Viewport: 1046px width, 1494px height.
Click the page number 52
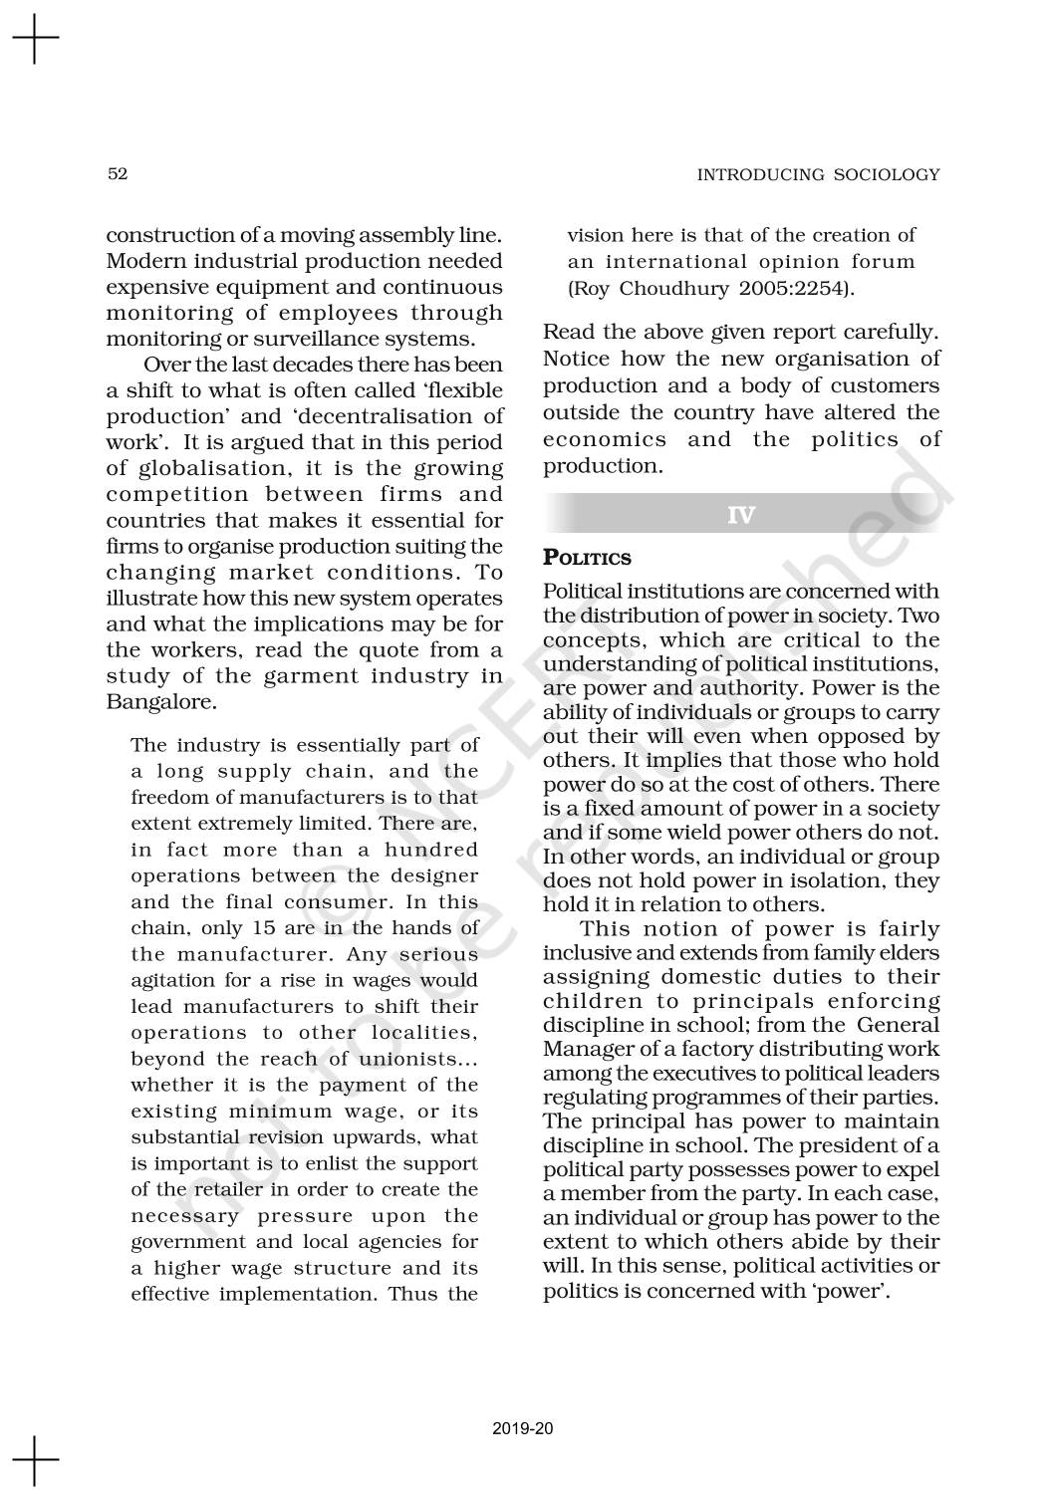[118, 174]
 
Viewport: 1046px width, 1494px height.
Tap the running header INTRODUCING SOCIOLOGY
[818, 175]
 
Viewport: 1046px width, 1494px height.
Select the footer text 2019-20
[523, 1429]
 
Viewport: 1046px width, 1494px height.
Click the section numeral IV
[741, 515]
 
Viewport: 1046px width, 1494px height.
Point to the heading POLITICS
[587, 558]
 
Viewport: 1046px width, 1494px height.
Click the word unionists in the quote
[408, 1059]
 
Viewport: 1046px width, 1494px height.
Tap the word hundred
[431, 850]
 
